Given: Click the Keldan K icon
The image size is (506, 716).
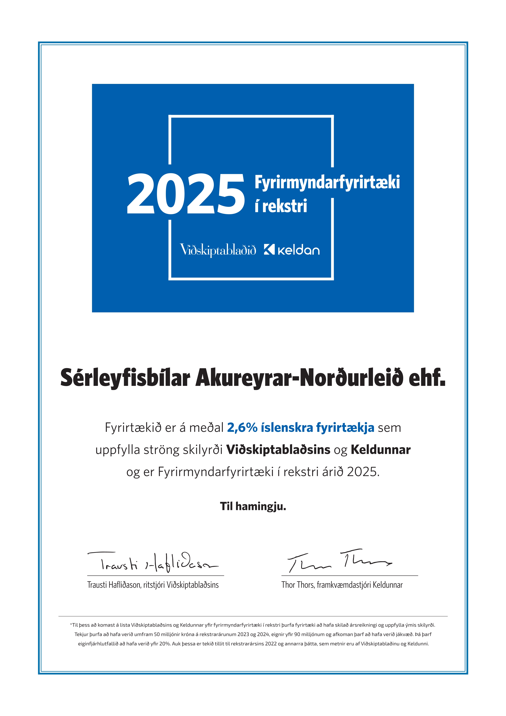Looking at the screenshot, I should point(269,249).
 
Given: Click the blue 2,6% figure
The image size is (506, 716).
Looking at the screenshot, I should point(242,428).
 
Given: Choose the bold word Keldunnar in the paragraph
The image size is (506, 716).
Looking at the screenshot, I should point(381,450).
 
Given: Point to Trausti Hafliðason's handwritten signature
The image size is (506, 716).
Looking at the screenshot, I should point(153,563).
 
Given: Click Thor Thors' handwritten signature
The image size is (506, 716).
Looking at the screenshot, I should point(340,561).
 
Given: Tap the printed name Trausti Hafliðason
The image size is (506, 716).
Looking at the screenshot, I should point(114,585).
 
